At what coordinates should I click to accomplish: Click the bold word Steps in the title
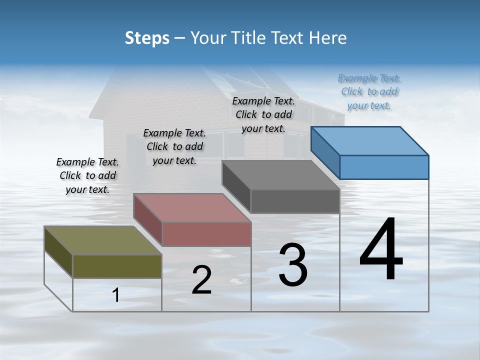point(147,38)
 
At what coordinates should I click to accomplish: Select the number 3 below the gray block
point(293,264)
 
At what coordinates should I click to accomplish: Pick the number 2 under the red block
point(201,280)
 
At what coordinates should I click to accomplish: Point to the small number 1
point(116,295)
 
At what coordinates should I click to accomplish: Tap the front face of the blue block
point(384,167)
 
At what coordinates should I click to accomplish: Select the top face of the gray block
point(280,175)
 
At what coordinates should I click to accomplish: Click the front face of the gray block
point(295,201)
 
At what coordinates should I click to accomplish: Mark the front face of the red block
point(206,234)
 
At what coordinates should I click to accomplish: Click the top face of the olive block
point(102,240)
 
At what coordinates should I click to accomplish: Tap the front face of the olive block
point(117,266)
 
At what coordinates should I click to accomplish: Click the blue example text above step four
point(369,91)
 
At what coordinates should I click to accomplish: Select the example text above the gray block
point(263,114)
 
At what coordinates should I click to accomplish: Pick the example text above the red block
point(174,146)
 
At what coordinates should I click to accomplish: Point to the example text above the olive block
point(87,175)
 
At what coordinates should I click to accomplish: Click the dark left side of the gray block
point(236,186)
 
